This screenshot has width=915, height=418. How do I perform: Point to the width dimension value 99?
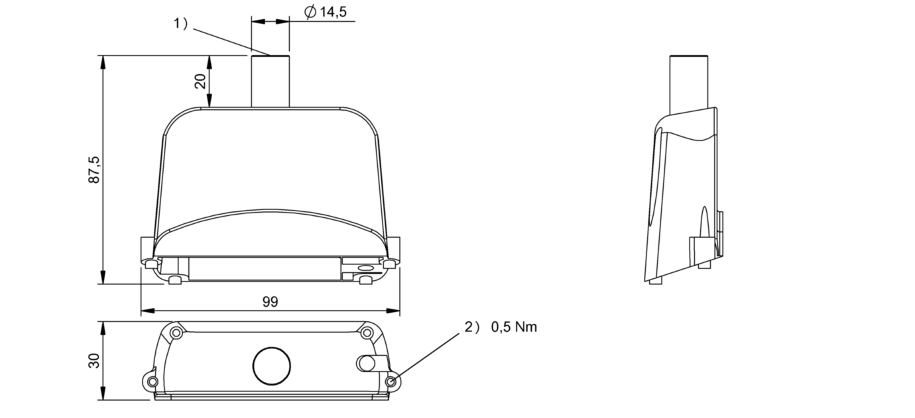(270, 302)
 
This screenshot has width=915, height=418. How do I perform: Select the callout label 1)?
(181, 24)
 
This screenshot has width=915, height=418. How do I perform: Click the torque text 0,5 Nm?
(514, 327)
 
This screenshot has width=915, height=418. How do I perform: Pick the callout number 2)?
(471, 327)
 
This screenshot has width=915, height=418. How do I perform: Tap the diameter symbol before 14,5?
(310, 13)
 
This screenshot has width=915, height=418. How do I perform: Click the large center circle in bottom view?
(272, 366)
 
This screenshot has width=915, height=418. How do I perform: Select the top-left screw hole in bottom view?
(176, 333)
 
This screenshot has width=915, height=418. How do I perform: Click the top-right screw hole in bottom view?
(367, 333)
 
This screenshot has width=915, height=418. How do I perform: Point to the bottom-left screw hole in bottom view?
(152, 382)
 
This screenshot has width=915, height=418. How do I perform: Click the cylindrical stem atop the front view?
(270, 81)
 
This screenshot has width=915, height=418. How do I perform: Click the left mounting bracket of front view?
(147, 250)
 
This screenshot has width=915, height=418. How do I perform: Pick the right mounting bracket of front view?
(394, 250)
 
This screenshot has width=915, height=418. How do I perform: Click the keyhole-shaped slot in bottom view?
(370, 362)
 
